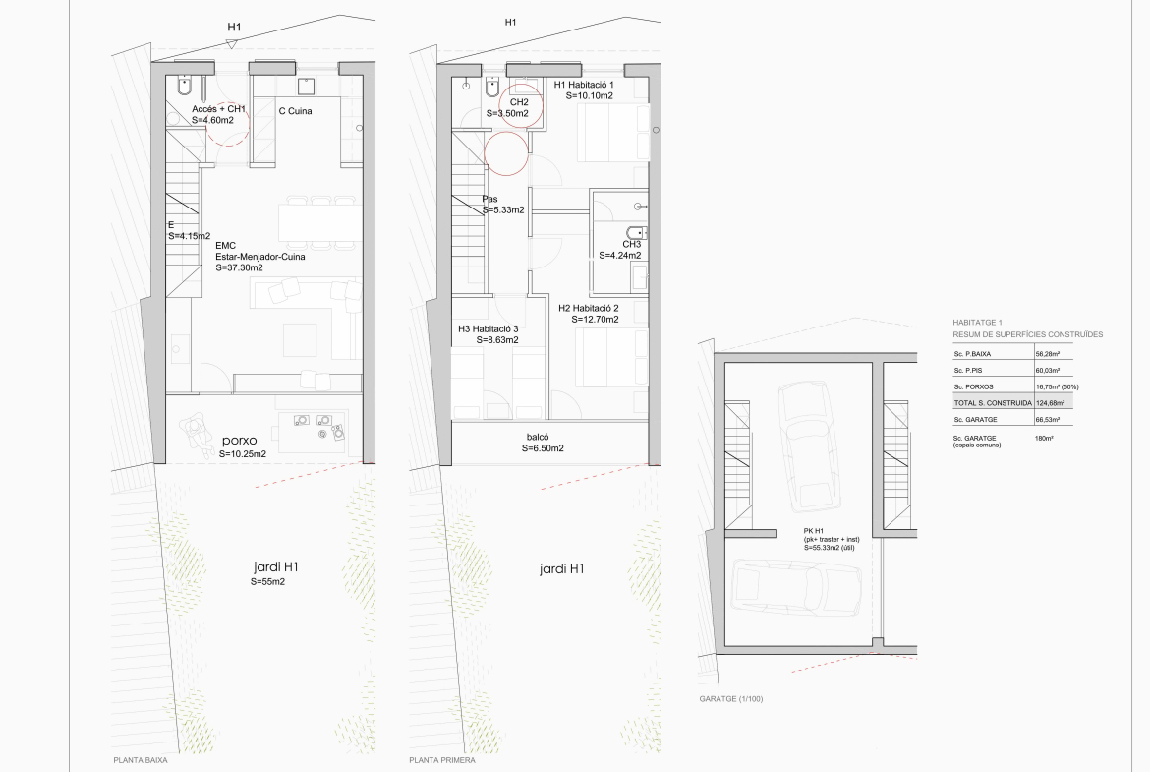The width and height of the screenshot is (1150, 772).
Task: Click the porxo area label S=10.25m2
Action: pos(242,454)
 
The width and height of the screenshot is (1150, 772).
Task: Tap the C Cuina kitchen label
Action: pos(295,111)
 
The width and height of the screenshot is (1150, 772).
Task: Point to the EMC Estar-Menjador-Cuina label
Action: pos(259,257)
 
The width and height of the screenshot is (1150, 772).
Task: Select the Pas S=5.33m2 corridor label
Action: pos(503,205)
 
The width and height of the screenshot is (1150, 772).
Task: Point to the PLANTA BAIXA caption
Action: pos(141,760)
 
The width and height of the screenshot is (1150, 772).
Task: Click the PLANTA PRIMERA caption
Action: pos(442,760)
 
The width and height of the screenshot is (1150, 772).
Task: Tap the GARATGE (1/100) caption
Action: pos(731,699)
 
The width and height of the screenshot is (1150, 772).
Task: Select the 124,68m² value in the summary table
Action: pos(1051,403)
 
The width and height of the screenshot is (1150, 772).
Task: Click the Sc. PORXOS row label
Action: pos(974,386)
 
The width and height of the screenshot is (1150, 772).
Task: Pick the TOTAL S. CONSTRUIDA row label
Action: pos(993,403)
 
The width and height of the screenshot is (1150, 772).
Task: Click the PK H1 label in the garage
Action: pos(814,531)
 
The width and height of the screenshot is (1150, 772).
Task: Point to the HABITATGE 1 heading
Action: pos(977,323)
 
